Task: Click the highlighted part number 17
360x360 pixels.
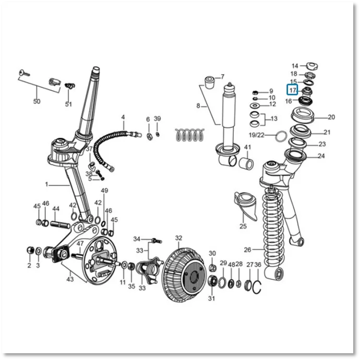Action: pos(293,90)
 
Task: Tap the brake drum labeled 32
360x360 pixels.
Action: pos(184,274)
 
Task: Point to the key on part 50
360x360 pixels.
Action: pos(24,73)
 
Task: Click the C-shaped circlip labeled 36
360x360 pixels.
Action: pos(257,287)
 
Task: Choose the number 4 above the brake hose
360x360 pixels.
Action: pos(123,117)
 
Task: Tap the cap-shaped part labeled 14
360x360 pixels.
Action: pos(313,66)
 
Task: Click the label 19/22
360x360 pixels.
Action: pos(257,135)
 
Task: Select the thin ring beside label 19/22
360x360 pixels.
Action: pos(281,136)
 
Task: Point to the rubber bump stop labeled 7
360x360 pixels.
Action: pos(209,82)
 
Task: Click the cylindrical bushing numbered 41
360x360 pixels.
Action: pos(246,163)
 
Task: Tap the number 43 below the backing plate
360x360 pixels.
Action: pos(70,279)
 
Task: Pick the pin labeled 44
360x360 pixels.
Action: pos(60,224)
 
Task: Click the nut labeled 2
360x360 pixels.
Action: pos(30,250)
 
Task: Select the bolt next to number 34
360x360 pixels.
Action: pos(157,241)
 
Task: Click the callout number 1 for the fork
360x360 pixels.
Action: pos(46,184)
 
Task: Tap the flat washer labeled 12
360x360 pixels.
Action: pos(255,105)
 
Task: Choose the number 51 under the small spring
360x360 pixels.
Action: pos(68,104)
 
